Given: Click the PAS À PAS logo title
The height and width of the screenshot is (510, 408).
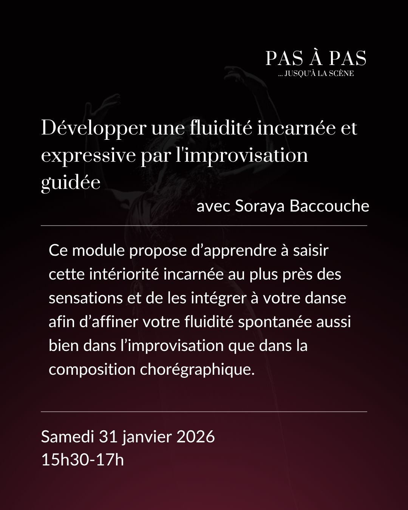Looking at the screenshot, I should point(315,58).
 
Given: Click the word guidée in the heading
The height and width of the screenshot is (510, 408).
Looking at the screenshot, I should point(71,183).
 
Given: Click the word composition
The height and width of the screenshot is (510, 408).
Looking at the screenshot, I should point(92,369).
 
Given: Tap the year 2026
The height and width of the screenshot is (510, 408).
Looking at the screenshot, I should point(196,437).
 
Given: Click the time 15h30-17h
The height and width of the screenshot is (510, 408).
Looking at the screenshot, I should point(82,460).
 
